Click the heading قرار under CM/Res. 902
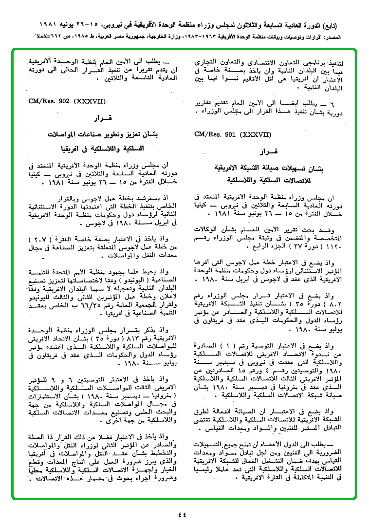click(100, 118)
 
